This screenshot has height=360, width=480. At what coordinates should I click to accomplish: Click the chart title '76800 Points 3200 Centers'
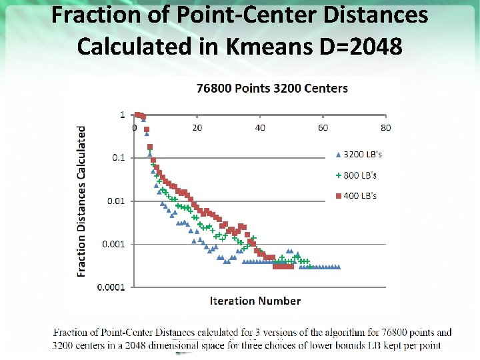271,88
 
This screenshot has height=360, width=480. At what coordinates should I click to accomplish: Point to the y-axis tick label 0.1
117,158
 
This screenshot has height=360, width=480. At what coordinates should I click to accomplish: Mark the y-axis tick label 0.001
113,244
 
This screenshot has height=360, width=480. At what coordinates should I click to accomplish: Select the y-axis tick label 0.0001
111,287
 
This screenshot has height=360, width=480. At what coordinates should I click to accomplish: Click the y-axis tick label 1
122,115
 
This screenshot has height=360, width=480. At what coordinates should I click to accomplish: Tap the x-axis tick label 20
197,127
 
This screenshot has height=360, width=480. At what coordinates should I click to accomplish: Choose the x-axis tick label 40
260,127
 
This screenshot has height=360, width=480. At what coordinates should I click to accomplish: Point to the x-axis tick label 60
323,127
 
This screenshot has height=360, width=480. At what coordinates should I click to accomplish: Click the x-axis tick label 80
385,127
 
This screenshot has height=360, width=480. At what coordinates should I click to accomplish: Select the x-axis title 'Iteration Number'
255,301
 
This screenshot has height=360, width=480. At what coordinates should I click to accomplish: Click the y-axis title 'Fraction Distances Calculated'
82,201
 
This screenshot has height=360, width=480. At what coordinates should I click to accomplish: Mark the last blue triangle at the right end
339,267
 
